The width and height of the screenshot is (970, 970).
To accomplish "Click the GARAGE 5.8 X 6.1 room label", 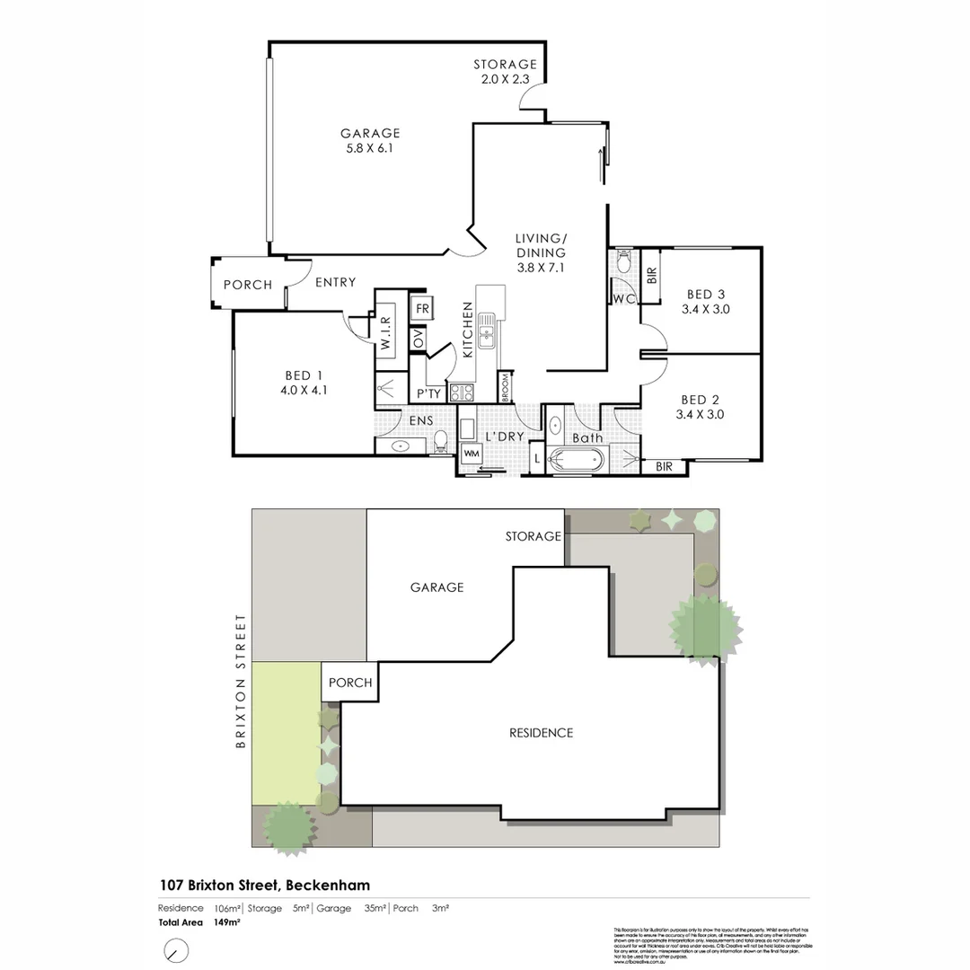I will click(x=369, y=141).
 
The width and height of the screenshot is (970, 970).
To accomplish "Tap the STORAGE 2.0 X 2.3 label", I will click(x=506, y=72).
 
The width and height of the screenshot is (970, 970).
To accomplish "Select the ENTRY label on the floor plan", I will click(x=335, y=282).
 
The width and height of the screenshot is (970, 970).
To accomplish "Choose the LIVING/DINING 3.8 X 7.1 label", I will click(x=541, y=252).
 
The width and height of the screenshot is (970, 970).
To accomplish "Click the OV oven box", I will click(x=418, y=339).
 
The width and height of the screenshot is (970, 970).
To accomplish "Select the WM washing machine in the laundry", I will click(x=471, y=454).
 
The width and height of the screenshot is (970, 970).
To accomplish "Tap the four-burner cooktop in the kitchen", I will click(x=462, y=392).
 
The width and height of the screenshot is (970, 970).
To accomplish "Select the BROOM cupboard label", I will click(x=507, y=387).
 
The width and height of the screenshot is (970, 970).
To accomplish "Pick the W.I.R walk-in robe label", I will click(x=384, y=330).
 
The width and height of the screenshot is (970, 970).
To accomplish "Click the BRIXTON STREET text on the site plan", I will click(x=240, y=681).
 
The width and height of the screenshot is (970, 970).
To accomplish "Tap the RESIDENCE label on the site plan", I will click(x=541, y=733).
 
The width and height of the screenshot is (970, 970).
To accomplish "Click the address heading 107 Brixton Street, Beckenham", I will click(x=264, y=885).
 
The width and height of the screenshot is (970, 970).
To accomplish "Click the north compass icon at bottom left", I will click(x=176, y=949).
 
